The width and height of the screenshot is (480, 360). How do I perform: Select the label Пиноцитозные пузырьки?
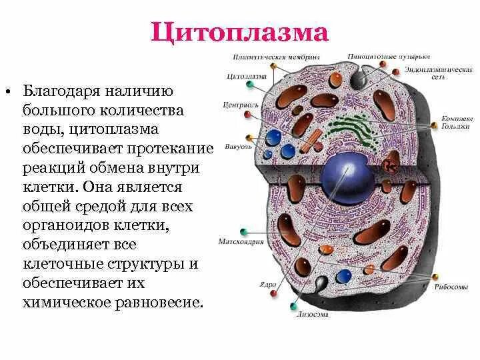point(389,56)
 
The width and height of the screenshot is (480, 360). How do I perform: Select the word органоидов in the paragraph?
point(59,226)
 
